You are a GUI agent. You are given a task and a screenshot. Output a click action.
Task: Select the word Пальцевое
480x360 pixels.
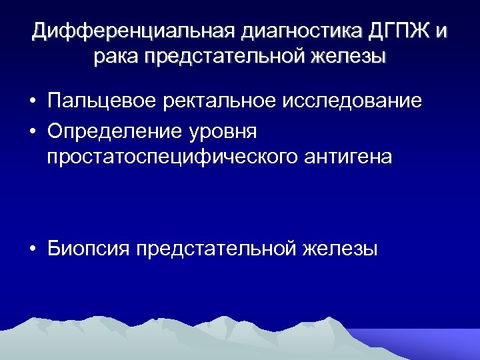pos(103,102)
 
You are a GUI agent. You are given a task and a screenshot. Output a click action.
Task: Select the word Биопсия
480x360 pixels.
pos(88,250)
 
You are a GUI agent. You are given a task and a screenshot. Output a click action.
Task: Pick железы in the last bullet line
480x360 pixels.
pos(340,250)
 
